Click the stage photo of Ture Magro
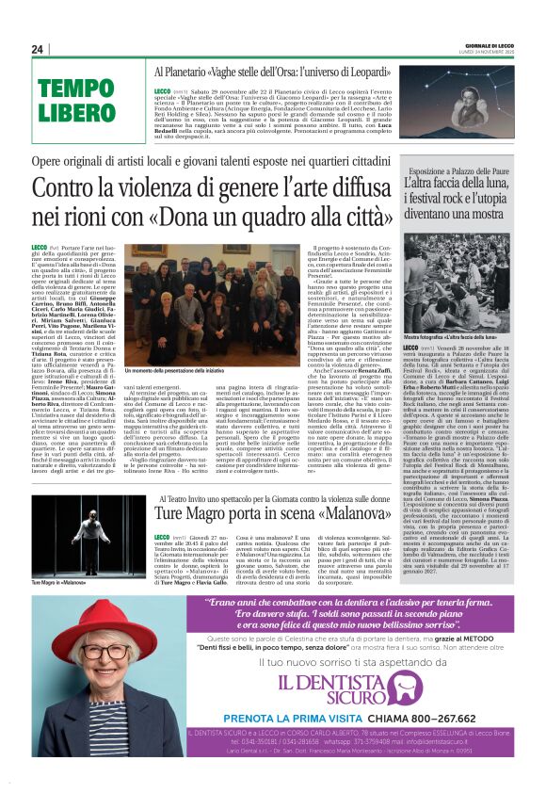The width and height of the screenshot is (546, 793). tap(91, 540)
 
